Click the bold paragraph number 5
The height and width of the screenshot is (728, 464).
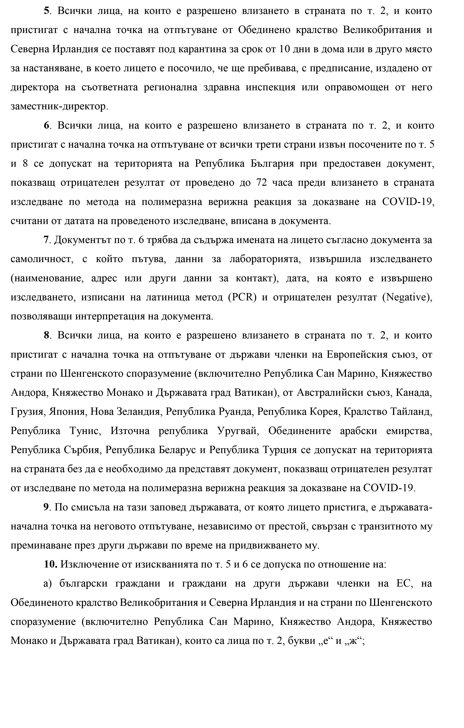(x=46, y=11)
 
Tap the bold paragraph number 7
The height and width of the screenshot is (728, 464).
(x=46, y=240)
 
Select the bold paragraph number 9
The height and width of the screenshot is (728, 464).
(x=46, y=507)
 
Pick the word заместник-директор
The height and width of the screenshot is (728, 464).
(x=59, y=106)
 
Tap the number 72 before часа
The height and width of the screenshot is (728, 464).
(x=261, y=183)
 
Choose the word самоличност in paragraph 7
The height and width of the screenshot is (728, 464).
(x=42, y=259)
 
